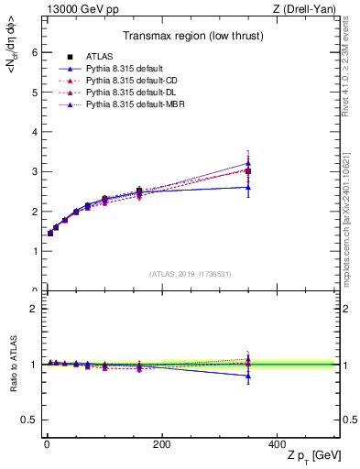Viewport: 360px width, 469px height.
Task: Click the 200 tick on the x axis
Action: pos(161,444)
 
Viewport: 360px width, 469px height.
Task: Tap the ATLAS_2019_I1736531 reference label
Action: pos(191,274)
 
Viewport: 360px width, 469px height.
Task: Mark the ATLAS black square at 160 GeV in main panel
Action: pos(138,191)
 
